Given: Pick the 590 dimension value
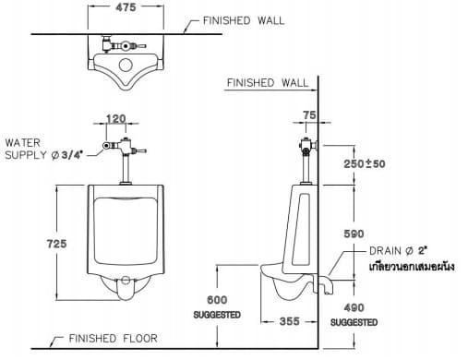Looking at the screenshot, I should click(x=354, y=234).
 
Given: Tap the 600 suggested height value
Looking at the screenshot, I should click(x=216, y=301).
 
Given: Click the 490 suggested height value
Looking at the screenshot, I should click(x=354, y=308).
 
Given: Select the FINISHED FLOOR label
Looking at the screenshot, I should click(x=113, y=339).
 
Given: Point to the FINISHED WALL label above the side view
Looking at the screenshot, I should click(x=268, y=83).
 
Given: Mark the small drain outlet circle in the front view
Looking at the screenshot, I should click(x=124, y=280).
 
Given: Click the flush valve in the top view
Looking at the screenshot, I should click(x=119, y=43).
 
